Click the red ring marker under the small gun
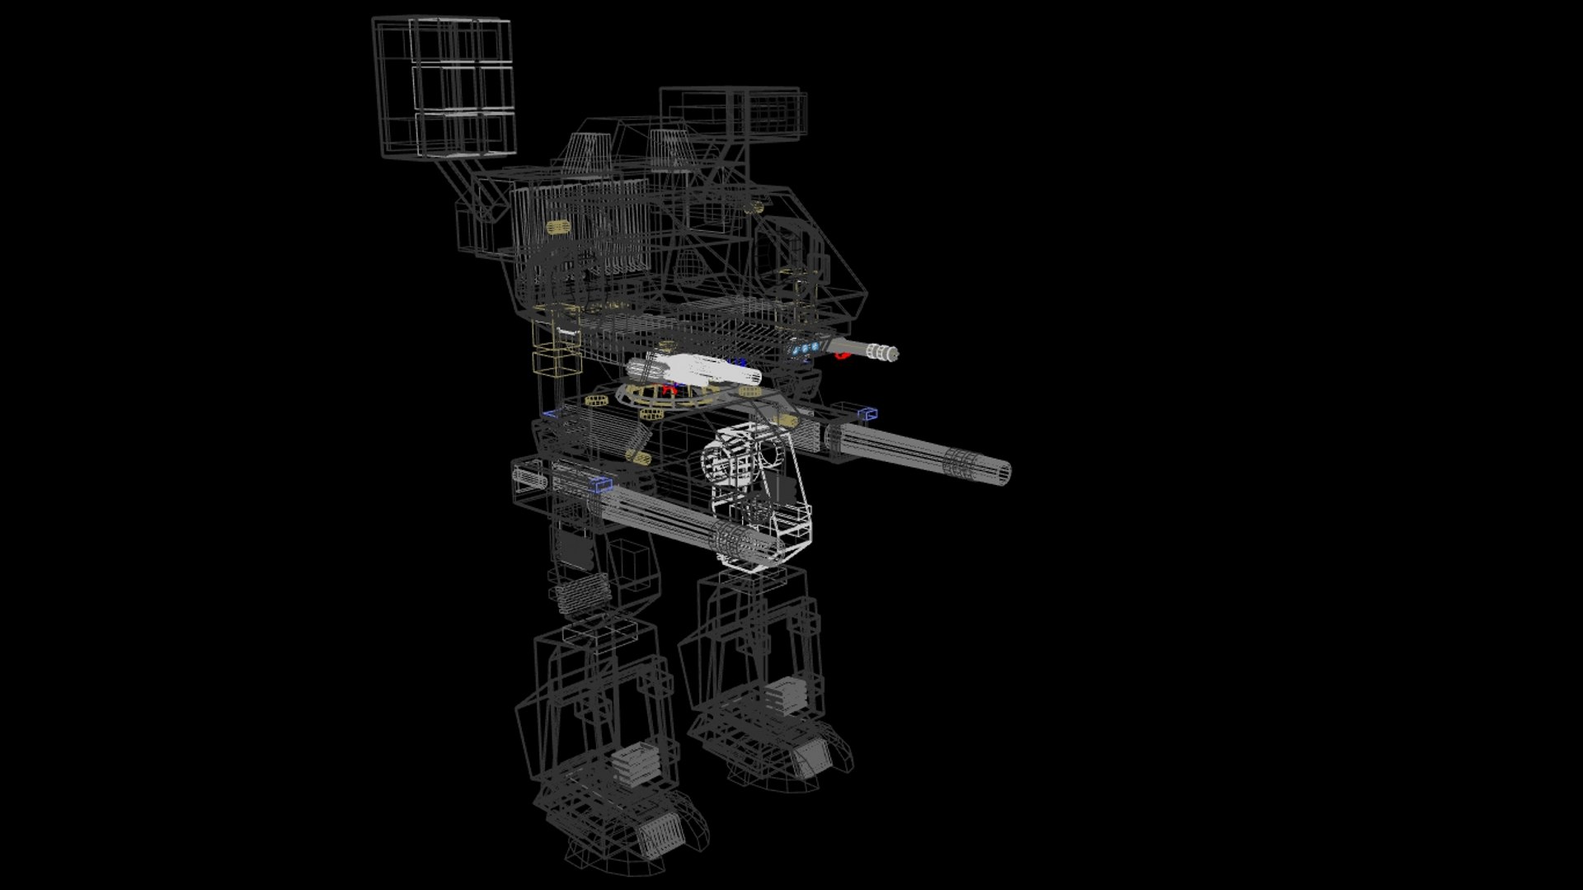[841, 356]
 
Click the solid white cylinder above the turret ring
[693, 369]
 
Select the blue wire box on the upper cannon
[867, 413]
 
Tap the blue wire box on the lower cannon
[603, 484]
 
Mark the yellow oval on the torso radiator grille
[559, 226]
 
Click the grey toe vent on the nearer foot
[660, 835]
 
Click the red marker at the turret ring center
[669, 390]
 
